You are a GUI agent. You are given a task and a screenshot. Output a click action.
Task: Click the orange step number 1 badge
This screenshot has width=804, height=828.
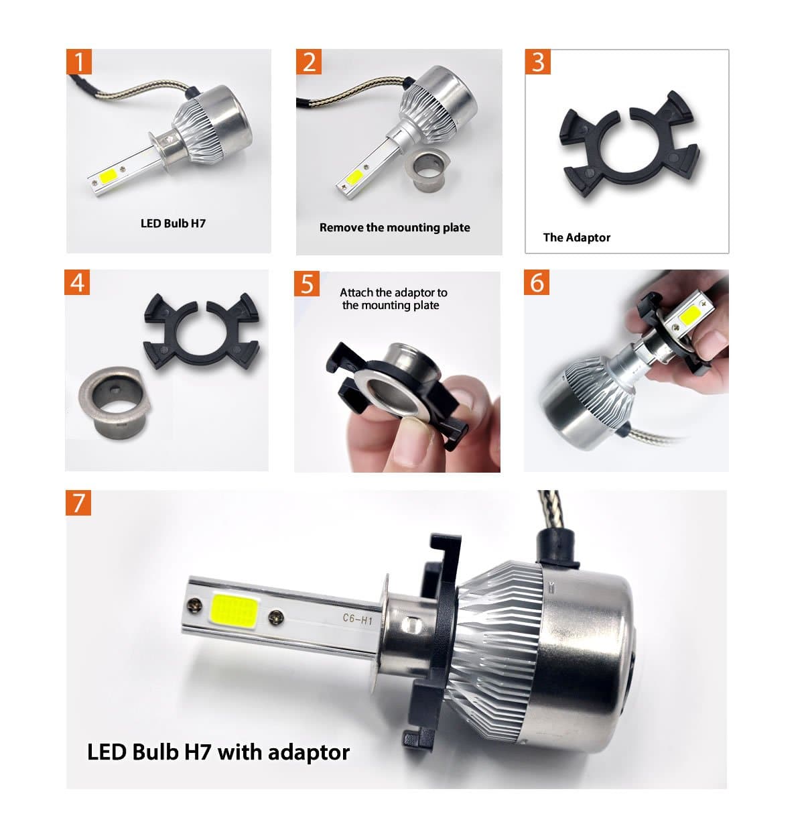coord(80,62)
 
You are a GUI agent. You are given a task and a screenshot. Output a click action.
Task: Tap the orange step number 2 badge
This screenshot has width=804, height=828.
coord(309,62)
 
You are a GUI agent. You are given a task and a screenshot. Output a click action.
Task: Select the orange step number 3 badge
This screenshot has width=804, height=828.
coord(538,62)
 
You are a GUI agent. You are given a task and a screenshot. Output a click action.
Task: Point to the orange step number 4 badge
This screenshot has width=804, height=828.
coord(78,282)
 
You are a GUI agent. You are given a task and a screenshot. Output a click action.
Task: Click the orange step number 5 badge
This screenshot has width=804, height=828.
coord(307,284)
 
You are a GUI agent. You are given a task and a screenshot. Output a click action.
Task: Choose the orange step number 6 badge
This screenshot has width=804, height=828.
coord(537,282)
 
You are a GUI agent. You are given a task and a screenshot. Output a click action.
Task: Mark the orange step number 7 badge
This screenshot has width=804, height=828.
coord(79,502)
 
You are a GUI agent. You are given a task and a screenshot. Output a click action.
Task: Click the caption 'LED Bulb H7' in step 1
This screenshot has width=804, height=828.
coord(173,223)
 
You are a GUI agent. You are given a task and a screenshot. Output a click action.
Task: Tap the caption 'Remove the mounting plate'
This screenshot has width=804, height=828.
coord(395,227)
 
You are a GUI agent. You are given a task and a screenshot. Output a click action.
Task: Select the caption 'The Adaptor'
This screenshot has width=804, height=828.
coord(576,237)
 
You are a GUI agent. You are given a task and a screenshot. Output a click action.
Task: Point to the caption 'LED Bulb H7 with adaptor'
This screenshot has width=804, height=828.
coord(218,752)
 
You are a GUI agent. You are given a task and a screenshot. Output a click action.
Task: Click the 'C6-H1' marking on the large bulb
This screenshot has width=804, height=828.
coord(357,619)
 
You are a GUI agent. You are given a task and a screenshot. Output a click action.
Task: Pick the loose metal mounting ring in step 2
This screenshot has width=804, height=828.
coord(431,172)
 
